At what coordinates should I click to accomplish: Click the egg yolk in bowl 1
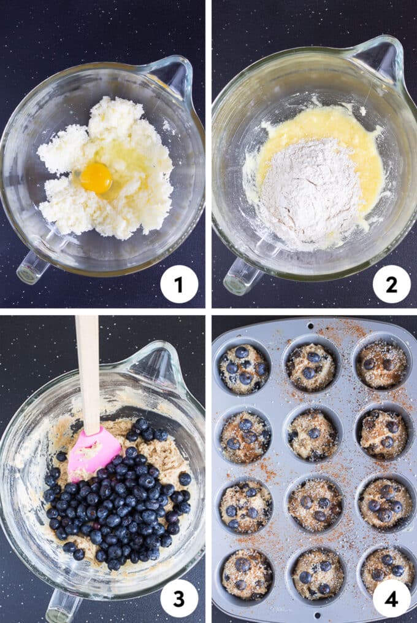pyautogui.click(x=96, y=178)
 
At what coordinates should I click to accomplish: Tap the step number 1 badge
pyautogui.click(x=179, y=284)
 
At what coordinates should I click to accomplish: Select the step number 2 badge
pyautogui.click(x=391, y=284)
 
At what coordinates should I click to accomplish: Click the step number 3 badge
pyautogui.click(x=179, y=598)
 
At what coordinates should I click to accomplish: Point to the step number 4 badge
pyautogui.click(x=391, y=598)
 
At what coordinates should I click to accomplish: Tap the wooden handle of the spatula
pyautogui.click(x=88, y=369)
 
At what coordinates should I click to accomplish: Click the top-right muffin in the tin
pyautogui.click(x=381, y=364)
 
